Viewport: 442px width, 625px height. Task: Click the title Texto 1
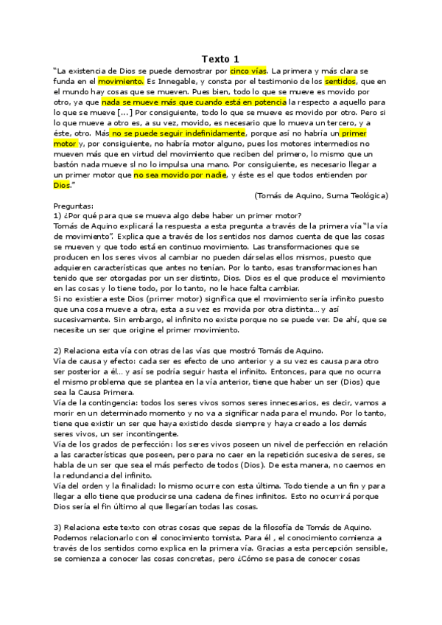[220, 59]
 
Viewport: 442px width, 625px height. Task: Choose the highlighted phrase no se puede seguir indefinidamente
[178, 133]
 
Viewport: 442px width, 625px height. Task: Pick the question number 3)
[58, 528]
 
